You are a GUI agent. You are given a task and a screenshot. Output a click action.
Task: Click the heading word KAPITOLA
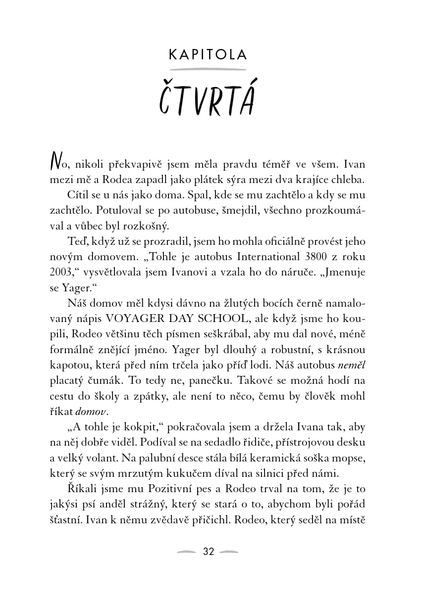(x=208, y=54)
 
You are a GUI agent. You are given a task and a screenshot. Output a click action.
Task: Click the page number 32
(x=209, y=552)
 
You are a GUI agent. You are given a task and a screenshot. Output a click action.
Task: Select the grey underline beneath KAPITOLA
(x=208, y=69)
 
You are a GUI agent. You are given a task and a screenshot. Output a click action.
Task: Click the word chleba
(x=344, y=179)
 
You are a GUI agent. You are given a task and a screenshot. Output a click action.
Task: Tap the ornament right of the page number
(x=229, y=552)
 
